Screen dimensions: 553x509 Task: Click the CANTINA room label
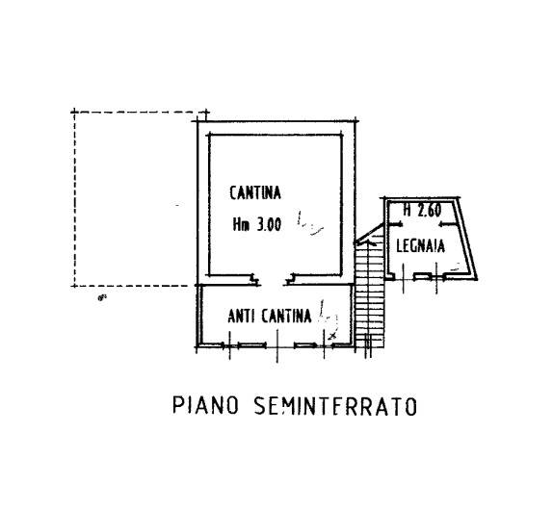click(255, 192)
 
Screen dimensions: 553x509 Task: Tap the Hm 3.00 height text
click(256, 224)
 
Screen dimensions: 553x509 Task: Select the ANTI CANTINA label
click(270, 316)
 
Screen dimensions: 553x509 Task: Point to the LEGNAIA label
click(420, 245)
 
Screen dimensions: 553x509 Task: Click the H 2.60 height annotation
click(422, 211)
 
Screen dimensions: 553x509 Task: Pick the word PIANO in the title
click(205, 405)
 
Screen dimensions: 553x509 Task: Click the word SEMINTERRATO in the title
click(335, 406)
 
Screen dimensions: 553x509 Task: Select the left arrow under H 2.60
click(395, 224)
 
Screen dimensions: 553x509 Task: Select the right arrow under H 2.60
click(446, 224)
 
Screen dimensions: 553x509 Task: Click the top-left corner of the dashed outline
click(74, 113)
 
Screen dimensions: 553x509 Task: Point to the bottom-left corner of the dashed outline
click(74, 286)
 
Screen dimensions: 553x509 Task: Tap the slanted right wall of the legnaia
click(467, 238)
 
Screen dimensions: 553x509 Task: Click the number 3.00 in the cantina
click(269, 224)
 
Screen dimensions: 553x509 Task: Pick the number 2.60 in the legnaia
click(430, 211)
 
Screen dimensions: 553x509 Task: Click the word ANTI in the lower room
click(241, 316)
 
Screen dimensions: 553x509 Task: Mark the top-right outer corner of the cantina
click(355, 121)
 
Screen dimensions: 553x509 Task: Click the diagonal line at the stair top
click(369, 233)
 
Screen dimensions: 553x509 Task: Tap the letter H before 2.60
click(408, 211)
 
